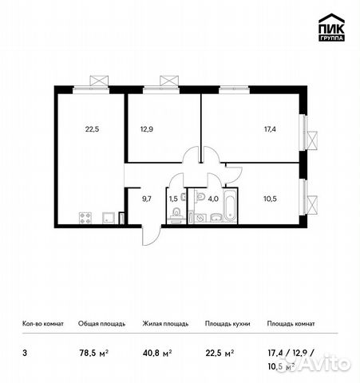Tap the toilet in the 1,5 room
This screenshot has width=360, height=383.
174,214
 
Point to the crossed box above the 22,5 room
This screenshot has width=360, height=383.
99,80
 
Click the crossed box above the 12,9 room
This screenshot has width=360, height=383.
168,80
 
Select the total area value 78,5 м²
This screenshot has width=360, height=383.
93,349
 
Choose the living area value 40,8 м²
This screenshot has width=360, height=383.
156,349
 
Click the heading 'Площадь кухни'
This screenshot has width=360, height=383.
227,324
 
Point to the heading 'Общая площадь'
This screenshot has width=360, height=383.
99,324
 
